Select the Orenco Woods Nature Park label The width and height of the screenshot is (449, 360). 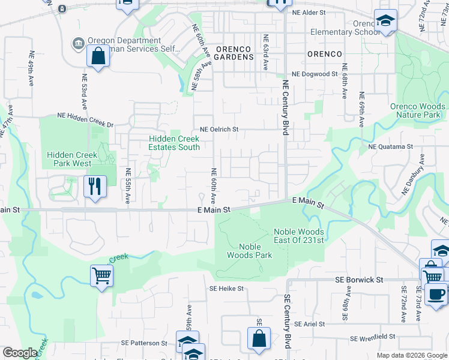[x=418, y=110]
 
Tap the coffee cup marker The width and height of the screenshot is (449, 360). [x=436, y=294]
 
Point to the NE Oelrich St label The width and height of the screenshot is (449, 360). [x=219, y=129]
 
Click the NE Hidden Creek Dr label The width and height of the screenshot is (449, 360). [x=85, y=115]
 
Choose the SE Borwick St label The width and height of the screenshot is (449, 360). [x=358, y=280]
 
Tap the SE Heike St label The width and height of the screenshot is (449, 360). [x=226, y=289]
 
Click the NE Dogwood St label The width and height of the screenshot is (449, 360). [x=315, y=74]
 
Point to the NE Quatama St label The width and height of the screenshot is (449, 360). [x=390, y=146]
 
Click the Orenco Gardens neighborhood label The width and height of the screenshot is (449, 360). [x=235, y=53]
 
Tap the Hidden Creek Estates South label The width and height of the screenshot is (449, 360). [x=174, y=143]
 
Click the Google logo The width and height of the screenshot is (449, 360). [x=20, y=353]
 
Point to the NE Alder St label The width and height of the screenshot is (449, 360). [x=309, y=12]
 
